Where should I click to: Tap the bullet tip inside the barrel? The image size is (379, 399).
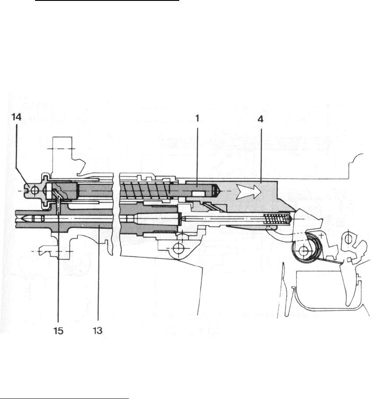(30, 218)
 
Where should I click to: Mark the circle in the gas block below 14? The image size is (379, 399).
(30, 191)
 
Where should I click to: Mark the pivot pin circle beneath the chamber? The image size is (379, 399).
(178, 248)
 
